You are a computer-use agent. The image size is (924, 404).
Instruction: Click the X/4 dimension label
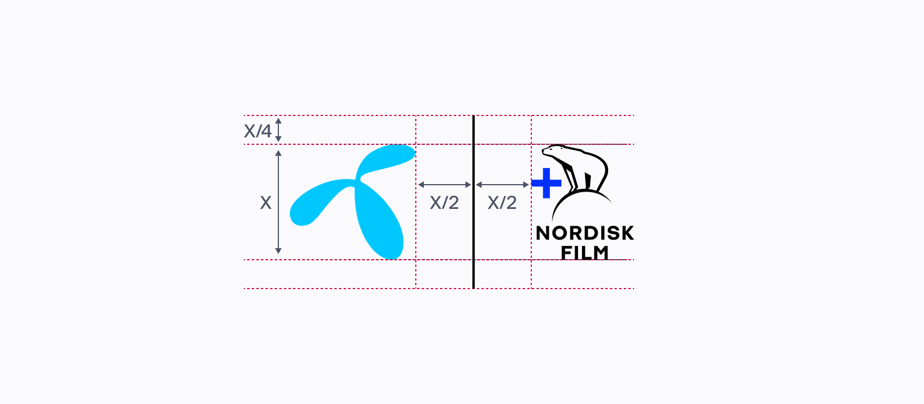(x=258, y=131)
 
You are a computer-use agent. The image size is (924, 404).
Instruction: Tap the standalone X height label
(x=266, y=203)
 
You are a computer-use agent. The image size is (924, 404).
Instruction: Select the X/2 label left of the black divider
(x=444, y=203)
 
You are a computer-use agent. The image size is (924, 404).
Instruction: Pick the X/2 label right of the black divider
(x=502, y=203)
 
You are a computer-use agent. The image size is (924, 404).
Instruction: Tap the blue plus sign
(x=546, y=183)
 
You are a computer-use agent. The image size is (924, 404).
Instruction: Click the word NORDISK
(x=584, y=233)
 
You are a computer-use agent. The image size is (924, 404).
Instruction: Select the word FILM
(x=584, y=252)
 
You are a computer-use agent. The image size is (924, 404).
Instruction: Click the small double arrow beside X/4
(x=278, y=130)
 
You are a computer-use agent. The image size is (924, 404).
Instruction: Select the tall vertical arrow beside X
(x=278, y=202)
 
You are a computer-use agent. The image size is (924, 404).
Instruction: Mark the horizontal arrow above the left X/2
(x=445, y=185)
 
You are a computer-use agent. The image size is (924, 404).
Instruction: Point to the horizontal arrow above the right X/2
(x=502, y=185)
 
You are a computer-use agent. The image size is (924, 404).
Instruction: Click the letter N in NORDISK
(x=543, y=233)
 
